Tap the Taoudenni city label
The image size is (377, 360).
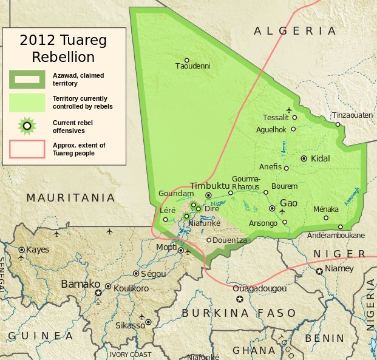click(x=192, y=66)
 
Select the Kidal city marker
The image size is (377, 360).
click(x=304, y=158)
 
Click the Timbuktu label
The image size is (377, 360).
click(x=209, y=185)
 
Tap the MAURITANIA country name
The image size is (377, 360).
click(x=70, y=197)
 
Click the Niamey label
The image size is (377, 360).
click(x=339, y=268)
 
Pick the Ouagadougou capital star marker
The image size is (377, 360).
click(x=240, y=299)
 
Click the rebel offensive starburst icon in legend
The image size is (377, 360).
click(x=27, y=126)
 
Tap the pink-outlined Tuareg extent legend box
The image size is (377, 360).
click(x=27, y=149)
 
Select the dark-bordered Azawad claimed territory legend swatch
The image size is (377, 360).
click(x=27, y=78)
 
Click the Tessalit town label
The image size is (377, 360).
click(x=276, y=117)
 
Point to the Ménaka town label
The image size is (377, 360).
click(x=325, y=209)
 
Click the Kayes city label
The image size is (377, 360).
click(x=37, y=250)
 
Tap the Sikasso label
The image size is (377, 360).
click(x=131, y=325)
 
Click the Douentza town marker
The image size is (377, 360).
click(x=209, y=240)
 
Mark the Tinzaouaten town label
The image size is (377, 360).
click(x=352, y=115)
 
